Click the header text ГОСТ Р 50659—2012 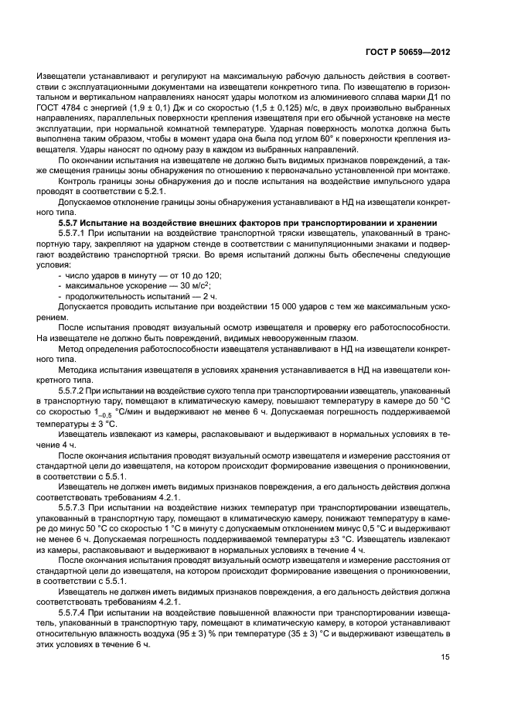click(x=407, y=53)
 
